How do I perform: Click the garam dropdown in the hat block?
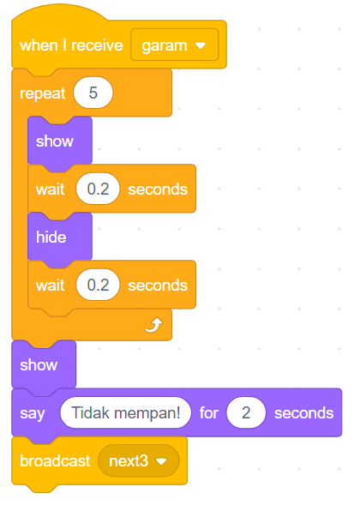[175, 45]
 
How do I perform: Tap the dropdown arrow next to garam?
[201, 45]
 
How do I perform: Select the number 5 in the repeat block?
[93, 93]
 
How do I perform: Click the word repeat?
[43, 93]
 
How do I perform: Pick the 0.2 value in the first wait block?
[98, 189]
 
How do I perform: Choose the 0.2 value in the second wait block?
[98, 285]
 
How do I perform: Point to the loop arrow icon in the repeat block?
[153, 325]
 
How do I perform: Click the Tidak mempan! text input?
[126, 412]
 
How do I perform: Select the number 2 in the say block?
[246, 412]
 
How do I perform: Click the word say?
[33, 413]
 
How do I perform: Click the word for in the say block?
[208, 412]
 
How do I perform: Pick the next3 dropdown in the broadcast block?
[139, 461]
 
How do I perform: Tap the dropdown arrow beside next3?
[161, 461]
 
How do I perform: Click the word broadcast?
[55, 461]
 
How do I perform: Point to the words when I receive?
[71, 45]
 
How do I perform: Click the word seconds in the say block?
[303, 413]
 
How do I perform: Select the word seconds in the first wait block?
[158, 189]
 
